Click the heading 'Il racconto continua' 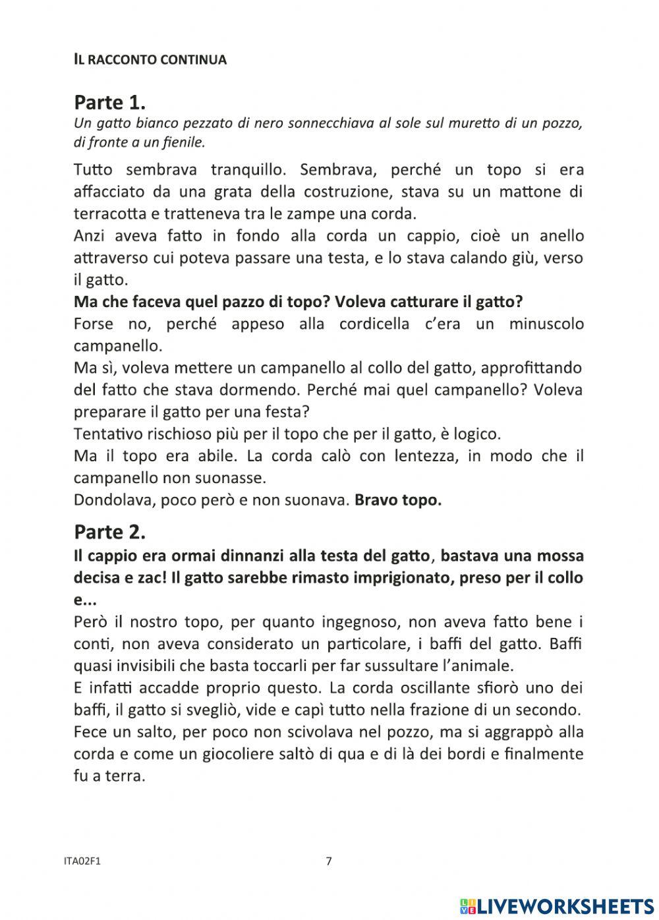pos(150,60)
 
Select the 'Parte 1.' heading pos(109,102)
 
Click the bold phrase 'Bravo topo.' pos(398,500)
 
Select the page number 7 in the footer pos(329,861)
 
